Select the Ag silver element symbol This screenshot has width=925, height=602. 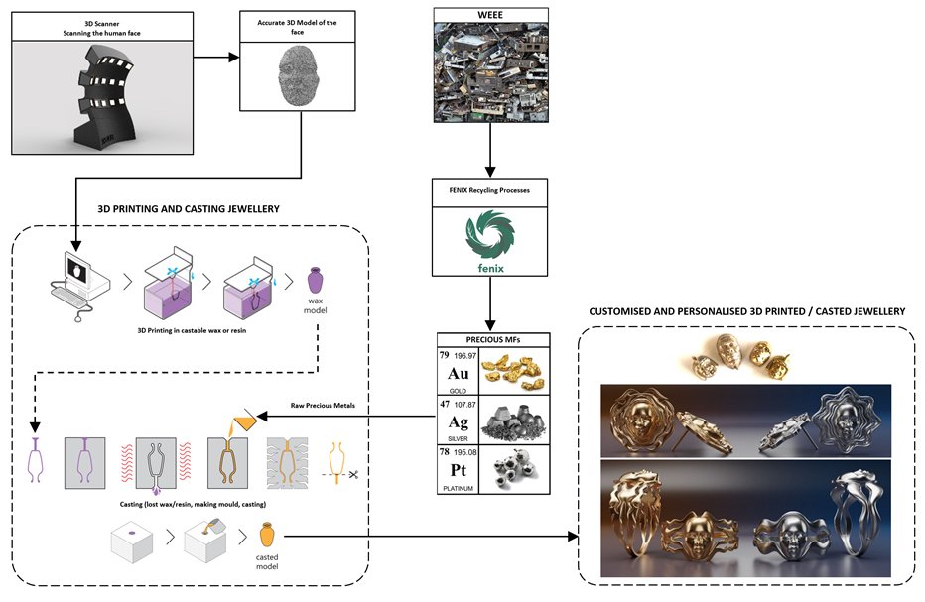459,421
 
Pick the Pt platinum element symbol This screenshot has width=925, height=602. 459,468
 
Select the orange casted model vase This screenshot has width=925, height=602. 265,535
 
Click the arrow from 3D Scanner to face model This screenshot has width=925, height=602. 217,59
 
